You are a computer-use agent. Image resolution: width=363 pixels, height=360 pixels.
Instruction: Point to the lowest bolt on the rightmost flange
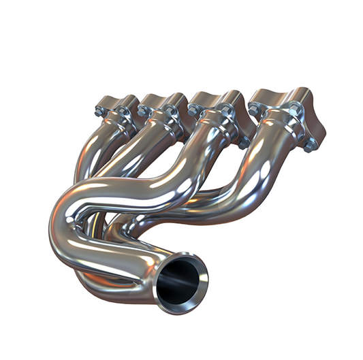point(310,144)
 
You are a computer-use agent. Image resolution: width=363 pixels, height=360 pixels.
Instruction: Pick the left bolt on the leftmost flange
point(100,110)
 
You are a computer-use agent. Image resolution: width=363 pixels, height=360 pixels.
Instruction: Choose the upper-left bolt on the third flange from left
point(193,108)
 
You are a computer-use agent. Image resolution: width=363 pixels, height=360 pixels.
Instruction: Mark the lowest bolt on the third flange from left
point(243,143)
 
